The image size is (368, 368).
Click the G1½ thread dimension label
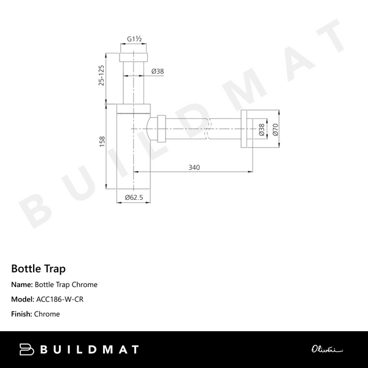click(135, 39)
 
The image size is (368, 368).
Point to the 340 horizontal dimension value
click(194, 167)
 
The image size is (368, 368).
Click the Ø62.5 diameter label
click(134, 197)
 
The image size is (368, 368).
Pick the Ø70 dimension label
click(275, 129)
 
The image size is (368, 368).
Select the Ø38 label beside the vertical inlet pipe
click(158, 71)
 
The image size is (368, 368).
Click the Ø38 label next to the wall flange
click(262, 129)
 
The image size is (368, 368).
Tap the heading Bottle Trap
click(38, 269)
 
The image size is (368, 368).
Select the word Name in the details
click(21, 285)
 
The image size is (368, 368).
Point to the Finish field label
click(22, 314)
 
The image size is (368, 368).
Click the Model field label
click(23, 299)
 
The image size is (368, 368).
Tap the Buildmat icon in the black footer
click(26, 350)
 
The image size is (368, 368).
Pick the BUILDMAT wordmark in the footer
click(89, 350)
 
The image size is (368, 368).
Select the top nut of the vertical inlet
click(134, 57)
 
